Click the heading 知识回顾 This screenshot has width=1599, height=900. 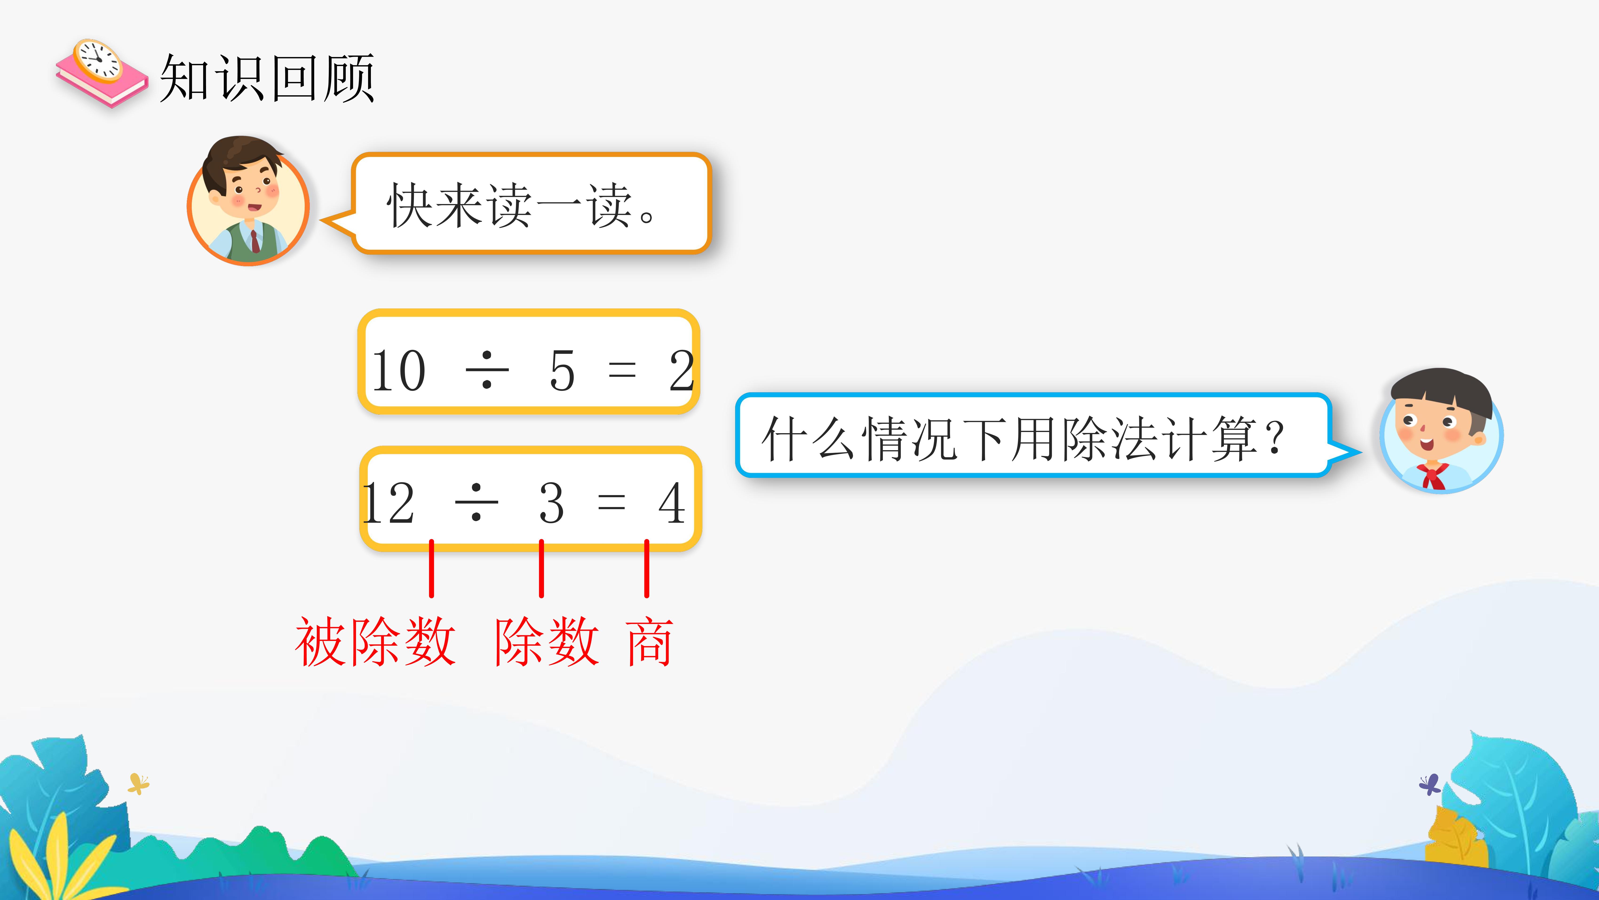(267, 78)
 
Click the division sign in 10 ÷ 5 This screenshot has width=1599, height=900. (487, 370)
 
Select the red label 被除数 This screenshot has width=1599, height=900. (376, 642)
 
